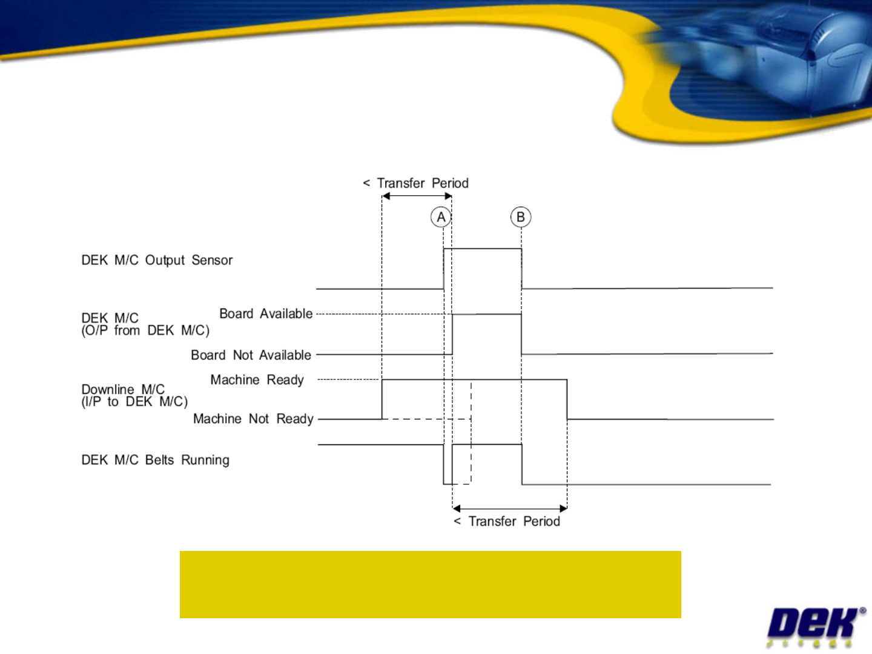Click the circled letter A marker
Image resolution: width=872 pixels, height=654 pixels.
tap(441, 217)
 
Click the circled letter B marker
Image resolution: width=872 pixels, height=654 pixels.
tap(521, 217)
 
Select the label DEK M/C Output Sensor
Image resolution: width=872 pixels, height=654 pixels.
tap(157, 260)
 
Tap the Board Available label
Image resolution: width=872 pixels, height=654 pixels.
tap(266, 313)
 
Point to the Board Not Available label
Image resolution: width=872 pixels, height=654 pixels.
tap(251, 355)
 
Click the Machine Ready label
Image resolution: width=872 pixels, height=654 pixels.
tap(257, 380)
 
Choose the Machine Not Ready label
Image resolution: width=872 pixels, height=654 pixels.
tap(253, 419)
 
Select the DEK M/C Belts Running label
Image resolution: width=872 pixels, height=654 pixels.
tap(155, 460)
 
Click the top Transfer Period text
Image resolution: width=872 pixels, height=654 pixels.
tap(422, 183)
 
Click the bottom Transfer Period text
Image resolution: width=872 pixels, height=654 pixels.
tap(514, 521)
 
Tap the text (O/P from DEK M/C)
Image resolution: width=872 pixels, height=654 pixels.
tap(145, 331)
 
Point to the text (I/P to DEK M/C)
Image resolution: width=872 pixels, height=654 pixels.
tap(134, 402)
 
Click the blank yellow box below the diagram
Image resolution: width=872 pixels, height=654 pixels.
tap(430, 584)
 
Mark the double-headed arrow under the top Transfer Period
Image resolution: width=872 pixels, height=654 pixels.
tap(417, 196)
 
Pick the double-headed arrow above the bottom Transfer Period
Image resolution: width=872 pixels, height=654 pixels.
tap(510, 509)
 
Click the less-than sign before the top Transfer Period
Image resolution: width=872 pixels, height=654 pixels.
tap(366, 183)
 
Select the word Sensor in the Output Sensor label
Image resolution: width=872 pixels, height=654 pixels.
tap(212, 260)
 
